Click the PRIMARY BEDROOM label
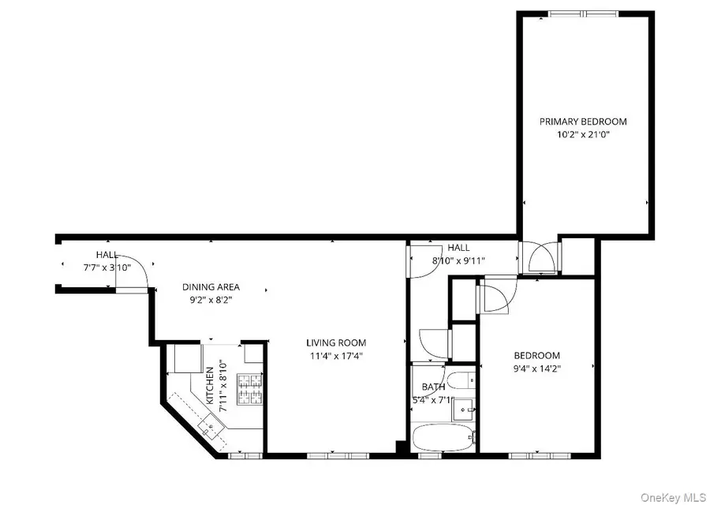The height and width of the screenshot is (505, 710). (583, 122)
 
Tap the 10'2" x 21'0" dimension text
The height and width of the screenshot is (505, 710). (583, 134)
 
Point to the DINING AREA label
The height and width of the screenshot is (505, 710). (211, 287)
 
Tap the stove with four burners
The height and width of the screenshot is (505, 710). (251, 387)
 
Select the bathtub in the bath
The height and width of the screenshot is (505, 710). (443, 436)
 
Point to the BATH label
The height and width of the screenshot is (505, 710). (433, 387)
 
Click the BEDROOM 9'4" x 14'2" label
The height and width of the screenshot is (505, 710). (537, 361)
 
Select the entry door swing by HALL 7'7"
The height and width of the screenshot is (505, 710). (136, 275)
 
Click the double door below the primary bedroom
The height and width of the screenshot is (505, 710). (540, 258)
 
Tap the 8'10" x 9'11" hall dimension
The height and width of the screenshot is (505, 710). (458, 260)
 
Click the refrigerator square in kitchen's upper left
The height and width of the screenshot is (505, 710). (187, 359)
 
